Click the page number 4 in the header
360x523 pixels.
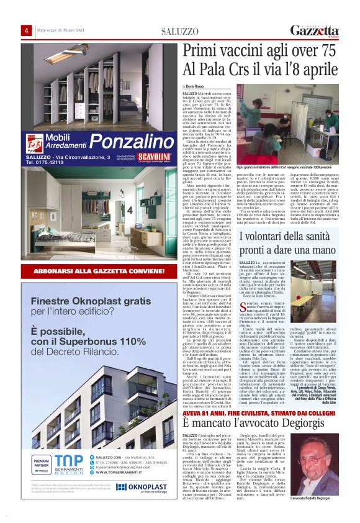(x=27, y=31)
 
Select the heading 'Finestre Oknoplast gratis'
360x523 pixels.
(x=83, y=301)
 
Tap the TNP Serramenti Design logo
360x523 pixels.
(x=66, y=463)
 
